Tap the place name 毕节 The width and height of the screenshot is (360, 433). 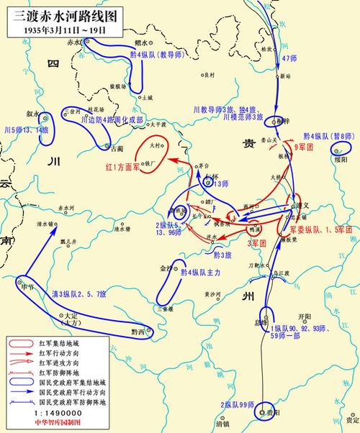coord(28,286)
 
